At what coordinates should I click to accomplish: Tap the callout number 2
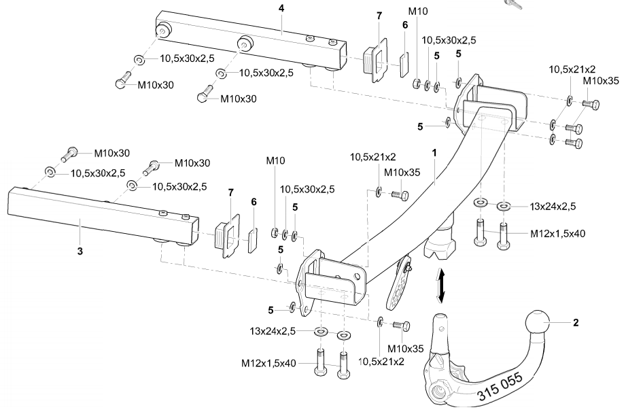pos(576,323)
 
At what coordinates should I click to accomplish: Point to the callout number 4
pos(281,7)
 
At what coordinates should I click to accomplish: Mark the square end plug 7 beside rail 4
pos(372,60)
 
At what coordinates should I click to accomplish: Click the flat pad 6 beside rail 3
pos(253,239)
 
